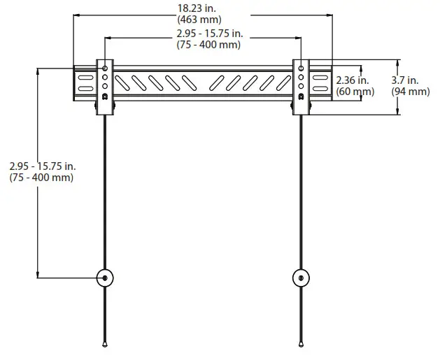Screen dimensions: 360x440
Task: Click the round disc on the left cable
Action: click(x=105, y=278)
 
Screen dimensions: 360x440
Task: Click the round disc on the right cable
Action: click(x=301, y=278)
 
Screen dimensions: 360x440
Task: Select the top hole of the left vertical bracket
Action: click(x=105, y=69)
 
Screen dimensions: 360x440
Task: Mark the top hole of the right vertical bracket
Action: click(x=301, y=69)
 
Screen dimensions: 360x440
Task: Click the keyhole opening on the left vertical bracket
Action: click(x=105, y=96)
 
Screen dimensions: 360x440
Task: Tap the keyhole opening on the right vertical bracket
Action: click(x=301, y=96)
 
